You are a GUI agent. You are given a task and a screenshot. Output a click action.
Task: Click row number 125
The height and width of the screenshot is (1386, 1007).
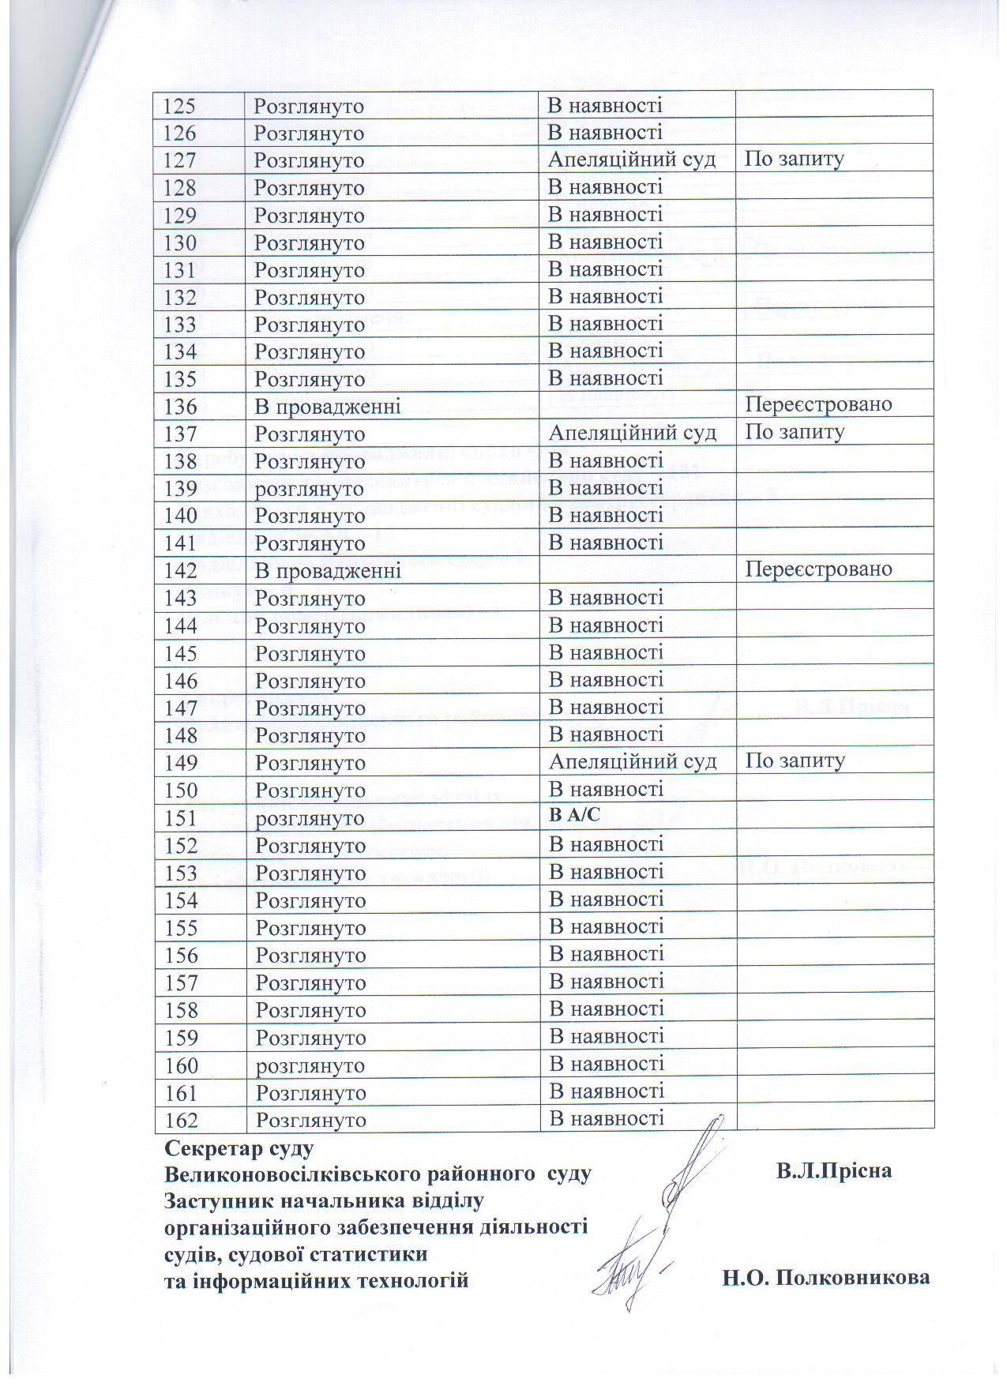(x=179, y=106)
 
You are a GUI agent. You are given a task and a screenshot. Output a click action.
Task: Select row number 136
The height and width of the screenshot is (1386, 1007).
(x=180, y=407)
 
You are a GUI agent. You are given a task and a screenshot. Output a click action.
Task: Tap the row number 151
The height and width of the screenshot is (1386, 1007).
(x=181, y=818)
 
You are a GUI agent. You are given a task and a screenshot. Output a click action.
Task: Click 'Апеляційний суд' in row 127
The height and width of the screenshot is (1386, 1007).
(x=632, y=160)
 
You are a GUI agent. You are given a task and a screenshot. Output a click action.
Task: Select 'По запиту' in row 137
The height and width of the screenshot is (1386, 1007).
(x=795, y=432)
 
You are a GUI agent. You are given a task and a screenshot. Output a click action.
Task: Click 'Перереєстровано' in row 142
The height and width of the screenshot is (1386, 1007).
(x=818, y=569)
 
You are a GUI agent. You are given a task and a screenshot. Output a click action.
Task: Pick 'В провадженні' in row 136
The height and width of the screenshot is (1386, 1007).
(x=327, y=407)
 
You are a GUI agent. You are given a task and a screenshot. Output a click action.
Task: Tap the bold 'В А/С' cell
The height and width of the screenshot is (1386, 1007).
(x=574, y=816)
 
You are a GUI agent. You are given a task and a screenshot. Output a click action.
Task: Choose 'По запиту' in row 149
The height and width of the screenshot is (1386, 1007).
(x=795, y=761)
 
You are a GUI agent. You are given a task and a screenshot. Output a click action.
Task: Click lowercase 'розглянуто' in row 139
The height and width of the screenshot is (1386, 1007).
(x=309, y=489)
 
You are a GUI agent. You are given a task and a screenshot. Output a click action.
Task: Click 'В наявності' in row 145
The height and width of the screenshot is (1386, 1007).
(x=606, y=652)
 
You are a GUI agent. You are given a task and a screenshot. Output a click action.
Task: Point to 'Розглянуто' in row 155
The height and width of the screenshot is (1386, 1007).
(x=310, y=928)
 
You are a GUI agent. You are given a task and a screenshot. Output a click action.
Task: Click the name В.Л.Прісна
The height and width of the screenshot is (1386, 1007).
(x=833, y=1170)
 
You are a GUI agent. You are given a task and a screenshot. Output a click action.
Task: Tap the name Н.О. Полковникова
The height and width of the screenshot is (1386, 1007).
(x=825, y=1277)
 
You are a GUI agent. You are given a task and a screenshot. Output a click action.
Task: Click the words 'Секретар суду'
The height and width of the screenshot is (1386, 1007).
(x=239, y=1147)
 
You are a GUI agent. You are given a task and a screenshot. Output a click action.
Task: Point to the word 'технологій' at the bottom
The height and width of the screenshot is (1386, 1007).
(x=414, y=1279)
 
